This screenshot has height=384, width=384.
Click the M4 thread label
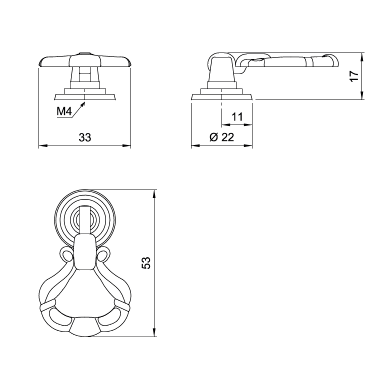64,111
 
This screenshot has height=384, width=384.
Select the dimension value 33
85,137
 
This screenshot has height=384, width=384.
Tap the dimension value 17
354,76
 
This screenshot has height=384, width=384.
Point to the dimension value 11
237,117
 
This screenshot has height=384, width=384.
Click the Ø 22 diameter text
222,137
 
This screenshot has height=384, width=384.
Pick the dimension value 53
146,263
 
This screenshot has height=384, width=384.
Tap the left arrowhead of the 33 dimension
43,146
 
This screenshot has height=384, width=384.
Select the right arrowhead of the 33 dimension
126,146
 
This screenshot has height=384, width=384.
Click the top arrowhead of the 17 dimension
362,57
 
